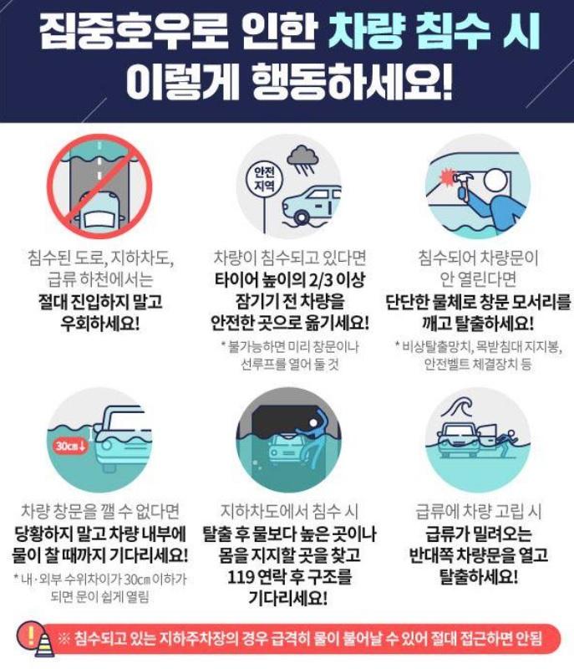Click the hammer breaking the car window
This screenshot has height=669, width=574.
(460, 182)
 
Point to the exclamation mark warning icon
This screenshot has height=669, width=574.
(30, 637)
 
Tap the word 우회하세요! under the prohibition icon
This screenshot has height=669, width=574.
(99, 324)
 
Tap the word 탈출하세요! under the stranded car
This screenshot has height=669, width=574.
(479, 577)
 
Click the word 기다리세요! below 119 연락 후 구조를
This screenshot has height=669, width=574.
(287, 598)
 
